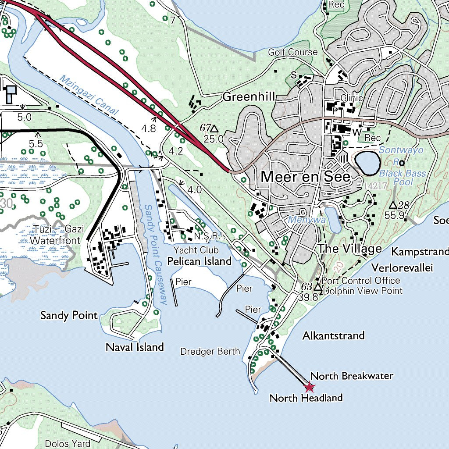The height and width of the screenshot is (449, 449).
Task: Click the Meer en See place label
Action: (x=306, y=177)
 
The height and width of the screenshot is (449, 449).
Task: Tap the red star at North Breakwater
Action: (x=310, y=387)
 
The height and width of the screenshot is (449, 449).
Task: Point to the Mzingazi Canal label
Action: (x=89, y=95)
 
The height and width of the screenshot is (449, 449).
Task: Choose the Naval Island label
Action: (x=135, y=347)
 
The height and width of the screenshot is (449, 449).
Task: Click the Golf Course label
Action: (x=292, y=52)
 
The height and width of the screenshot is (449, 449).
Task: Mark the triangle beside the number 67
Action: (x=214, y=128)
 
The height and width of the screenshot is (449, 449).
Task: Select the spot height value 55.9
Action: (x=394, y=215)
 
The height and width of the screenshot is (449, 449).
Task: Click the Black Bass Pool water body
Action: (x=367, y=162)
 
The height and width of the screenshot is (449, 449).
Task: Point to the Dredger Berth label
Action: (x=210, y=351)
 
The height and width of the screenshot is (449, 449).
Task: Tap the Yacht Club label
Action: (x=196, y=250)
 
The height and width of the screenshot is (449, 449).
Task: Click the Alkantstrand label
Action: (x=333, y=336)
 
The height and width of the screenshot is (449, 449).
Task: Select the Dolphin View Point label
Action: (x=362, y=290)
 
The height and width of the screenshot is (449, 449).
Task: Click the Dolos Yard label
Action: (x=68, y=443)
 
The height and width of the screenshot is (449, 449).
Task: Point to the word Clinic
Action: (x=352, y=98)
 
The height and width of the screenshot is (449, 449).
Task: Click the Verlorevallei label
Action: (x=402, y=267)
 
